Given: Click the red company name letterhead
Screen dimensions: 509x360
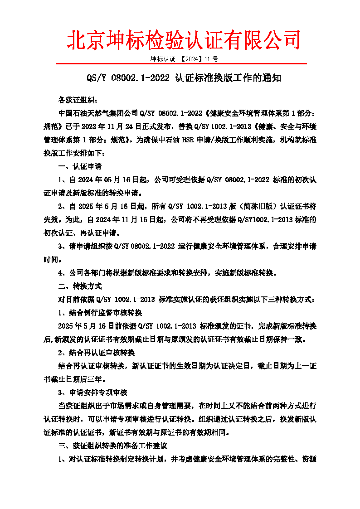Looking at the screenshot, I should pos(184,39).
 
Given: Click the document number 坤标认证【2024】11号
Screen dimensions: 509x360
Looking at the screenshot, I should pos(184,59).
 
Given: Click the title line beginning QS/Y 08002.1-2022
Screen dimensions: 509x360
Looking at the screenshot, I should pos(184,78).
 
